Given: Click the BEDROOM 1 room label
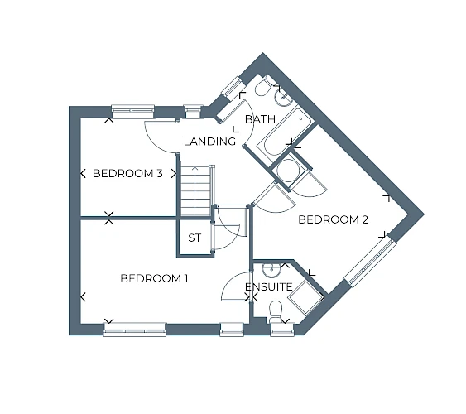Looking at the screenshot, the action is point(154,279).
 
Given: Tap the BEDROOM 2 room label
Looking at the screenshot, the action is point(334,220).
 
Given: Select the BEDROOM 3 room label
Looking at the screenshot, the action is point(127,173).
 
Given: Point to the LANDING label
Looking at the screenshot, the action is point(209,142).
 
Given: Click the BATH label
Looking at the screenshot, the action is point(261,119).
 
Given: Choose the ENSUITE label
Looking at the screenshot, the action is point(269,287).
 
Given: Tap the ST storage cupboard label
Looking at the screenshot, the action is point(195,238).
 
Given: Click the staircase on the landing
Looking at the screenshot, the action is point(196,190).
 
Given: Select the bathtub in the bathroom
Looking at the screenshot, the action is point(284,132).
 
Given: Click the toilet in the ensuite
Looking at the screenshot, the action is point(275,311).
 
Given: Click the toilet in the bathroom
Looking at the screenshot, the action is point(264,86).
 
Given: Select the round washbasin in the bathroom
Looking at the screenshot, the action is point(284,97).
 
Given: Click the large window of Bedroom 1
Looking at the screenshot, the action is point(135,330).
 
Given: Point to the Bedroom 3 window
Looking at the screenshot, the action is point(132,111).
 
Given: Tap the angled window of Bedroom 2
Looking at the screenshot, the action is point(370,263).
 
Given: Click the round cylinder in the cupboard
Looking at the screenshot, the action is point(287,171).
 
